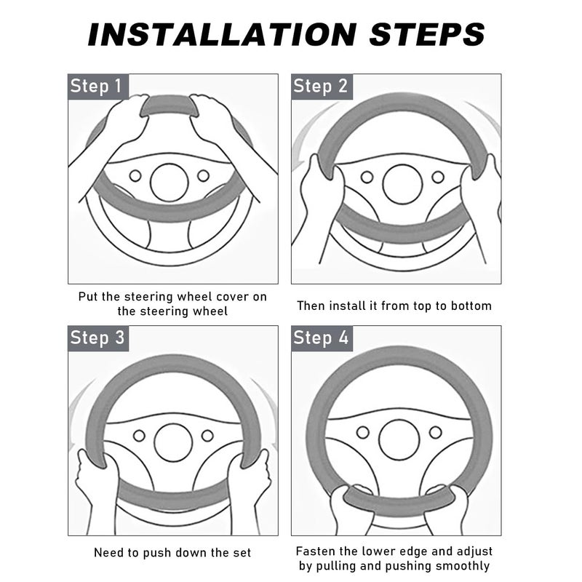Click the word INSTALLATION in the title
pyautogui.click(x=222, y=34)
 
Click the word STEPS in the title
pyautogui.click(x=427, y=34)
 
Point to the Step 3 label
pyautogui.click(x=97, y=338)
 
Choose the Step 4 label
pyautogui.click(x=321, y=338)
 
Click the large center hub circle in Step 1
pyautogui.click(x=170, y=183)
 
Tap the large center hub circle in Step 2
pyautogui.click(x=402, y=184)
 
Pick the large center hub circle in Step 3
pyautogui.click(x=173, y=442)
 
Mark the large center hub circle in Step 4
pyautogui.click(x=399, y=440)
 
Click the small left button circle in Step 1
pyautogui.click(x=135, y=175)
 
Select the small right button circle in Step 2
pyautogui.click(x=438, y=177)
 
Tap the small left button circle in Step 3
pyautogui.click(x=139, y=436)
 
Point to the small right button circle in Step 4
pyautogui.click(x=435, y=432)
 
